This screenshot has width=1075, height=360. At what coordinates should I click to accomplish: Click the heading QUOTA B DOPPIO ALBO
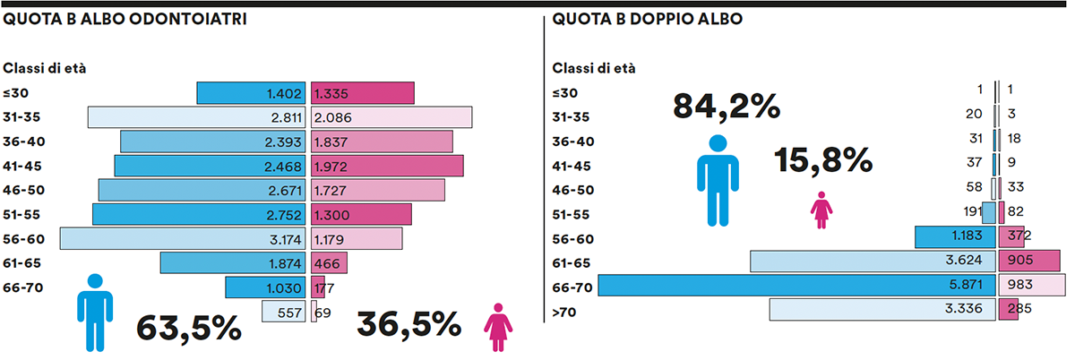click(x=647, y=19)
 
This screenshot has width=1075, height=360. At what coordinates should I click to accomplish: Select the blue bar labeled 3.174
click(x=184, y=238)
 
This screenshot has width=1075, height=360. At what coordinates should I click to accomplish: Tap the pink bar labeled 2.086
click(x=391, y=117)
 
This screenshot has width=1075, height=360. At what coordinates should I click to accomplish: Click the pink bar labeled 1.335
click(x=363, y=93)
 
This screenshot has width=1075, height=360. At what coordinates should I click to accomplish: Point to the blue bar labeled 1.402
click(x=253, y=93)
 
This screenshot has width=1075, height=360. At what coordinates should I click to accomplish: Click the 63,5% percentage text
click(x=189, y=327)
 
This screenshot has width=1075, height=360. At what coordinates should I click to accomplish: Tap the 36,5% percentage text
click(x=409, y=325)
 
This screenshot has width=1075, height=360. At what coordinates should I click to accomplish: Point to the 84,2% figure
click(x=727, y=107)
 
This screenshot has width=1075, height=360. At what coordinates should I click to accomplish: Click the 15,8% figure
click(x=823, y=160)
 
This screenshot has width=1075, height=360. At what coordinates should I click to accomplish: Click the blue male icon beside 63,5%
click(x=94, y=312)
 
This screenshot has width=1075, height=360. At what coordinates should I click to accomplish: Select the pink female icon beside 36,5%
click(x=497, y=327)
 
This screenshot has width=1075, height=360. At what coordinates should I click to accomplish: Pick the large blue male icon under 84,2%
click(x=717, y=179)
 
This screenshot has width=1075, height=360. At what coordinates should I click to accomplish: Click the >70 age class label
click(x=566, y=311)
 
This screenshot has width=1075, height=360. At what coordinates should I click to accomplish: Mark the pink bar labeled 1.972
click(x=387, y=166)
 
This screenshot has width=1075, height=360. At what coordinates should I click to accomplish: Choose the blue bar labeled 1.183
click(x=955, y=236)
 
